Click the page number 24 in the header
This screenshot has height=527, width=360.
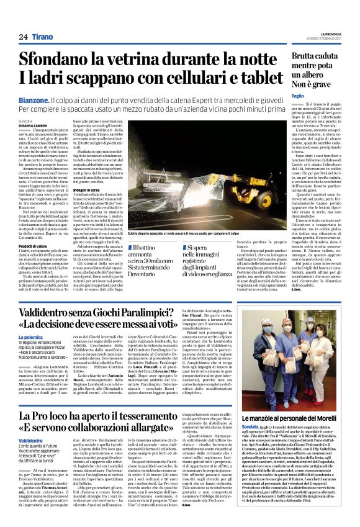[24, 37]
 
